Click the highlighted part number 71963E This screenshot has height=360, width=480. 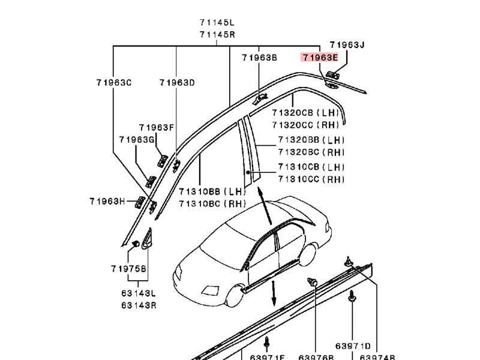[320, 58]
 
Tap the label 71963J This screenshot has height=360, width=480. [347, 45]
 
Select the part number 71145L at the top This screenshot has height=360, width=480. [217, 23]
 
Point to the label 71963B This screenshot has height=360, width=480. [259, 58]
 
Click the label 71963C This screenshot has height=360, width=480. [113, 83]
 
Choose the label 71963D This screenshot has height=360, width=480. [177, 83]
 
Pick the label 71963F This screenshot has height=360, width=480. [156, 127]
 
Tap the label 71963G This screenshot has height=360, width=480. [136, 140]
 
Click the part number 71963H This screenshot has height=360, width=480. [107, 201]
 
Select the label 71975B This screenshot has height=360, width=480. [128, 269]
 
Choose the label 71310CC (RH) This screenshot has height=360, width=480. [311, 179]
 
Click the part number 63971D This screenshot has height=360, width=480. [353, 346]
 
